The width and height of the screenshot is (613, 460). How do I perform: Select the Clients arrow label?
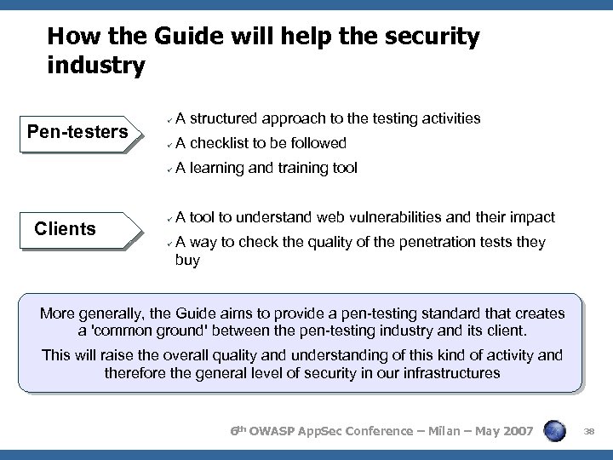pyautogui.click(x=65, y=227)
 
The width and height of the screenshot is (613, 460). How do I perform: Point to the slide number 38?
pyautogui.click(x=590, y=433)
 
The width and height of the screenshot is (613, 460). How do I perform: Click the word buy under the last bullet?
pyautogui.click(x=187, y=260)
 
